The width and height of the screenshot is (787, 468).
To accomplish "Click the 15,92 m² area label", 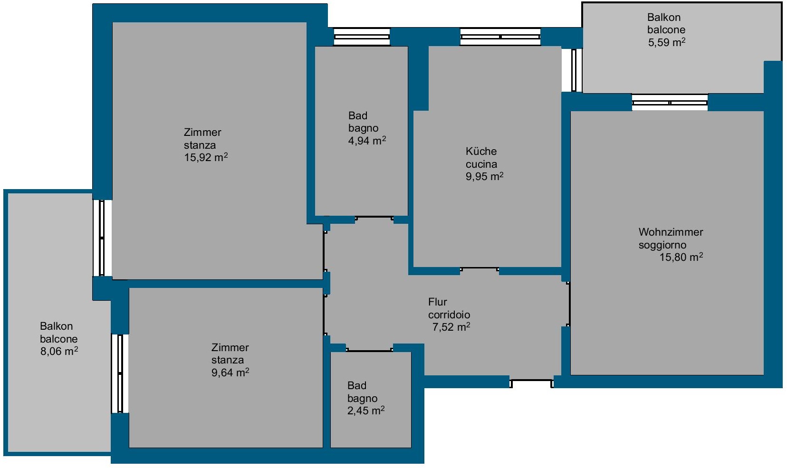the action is pyautogui.click(x=206, y=157).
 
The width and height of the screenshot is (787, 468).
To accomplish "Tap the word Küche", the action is pyautogui.click(x=481, y=152).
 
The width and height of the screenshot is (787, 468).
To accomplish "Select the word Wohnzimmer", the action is pyautogui.click(x=671, y=232).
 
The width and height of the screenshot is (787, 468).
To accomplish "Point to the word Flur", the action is pyautogui.click(x=437, y=302).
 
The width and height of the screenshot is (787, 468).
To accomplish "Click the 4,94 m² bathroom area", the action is pyautogui.click(x=367, y=141).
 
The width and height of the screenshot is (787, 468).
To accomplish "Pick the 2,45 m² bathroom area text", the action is pyautogui.click(x=366, y=411).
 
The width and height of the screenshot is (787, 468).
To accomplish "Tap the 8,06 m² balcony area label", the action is pyautogui.click(x=59, y=351).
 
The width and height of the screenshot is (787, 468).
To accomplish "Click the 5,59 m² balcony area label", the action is pyautogui.click(x=666, y=42).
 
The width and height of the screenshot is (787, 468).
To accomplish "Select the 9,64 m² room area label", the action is pyautogui.click(x=230, y=372).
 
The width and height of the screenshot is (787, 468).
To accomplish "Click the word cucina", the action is pyautogui.click(x=481, y=164).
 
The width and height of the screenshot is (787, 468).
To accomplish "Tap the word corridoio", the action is pyautogui.click(x=449, y=315).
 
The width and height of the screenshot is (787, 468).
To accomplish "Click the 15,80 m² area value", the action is pyautogui.click(x=681, y=257).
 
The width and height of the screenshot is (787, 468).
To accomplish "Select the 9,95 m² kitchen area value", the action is pyautogui.click(x=484, y=176).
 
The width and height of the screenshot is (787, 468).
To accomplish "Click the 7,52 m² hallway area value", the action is pyautogui.click(x=451, y=327).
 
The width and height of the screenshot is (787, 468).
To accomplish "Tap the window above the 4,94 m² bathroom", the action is pyautogui.click(x=362, y=37).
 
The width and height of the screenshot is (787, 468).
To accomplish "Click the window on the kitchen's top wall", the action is pyautogui.click(x=500, y=37).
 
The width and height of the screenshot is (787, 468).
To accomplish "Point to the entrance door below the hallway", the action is pyautogui.click(x=531, y=383).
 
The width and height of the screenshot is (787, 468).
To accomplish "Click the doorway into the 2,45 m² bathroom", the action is pyautogui.click(x=369, y=349).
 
